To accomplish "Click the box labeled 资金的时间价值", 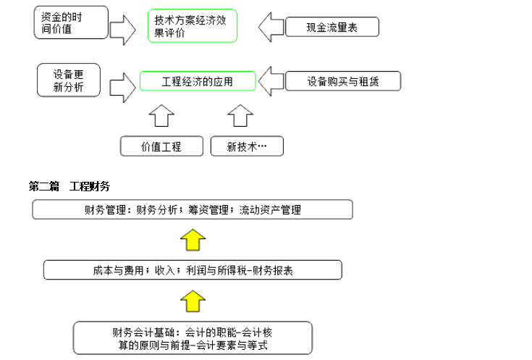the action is (x=71, y=22).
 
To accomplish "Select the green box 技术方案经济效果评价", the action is (x=193, y=26).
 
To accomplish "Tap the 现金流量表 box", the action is (x=332, y=27).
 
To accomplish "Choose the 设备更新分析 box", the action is (x=69, y=80).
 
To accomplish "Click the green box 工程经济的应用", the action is (x=198, y=81).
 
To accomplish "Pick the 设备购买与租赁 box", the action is (x=343, y=81).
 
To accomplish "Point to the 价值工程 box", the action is (x=161, y=146).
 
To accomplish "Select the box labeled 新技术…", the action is (x=247, y=146).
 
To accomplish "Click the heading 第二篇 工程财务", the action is (x=69, y=186).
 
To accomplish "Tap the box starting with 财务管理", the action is (x=193, y=209).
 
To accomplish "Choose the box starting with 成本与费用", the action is (x=193, y=270).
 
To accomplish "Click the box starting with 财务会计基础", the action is (x=193, y=338).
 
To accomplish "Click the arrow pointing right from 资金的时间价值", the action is (x=123, y=30).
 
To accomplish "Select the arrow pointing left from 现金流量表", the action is (x=271, y=28).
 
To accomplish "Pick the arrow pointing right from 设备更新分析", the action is (x=123, y=88).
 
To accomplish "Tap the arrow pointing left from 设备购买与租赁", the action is (x=271, y=81).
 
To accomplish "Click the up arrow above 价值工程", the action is (x=161, y=115).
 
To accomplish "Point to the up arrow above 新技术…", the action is (x=240, y=115).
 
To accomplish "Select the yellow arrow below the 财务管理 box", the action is (x=193, y=240).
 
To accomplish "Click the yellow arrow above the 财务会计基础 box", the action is (x=193, y=301).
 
